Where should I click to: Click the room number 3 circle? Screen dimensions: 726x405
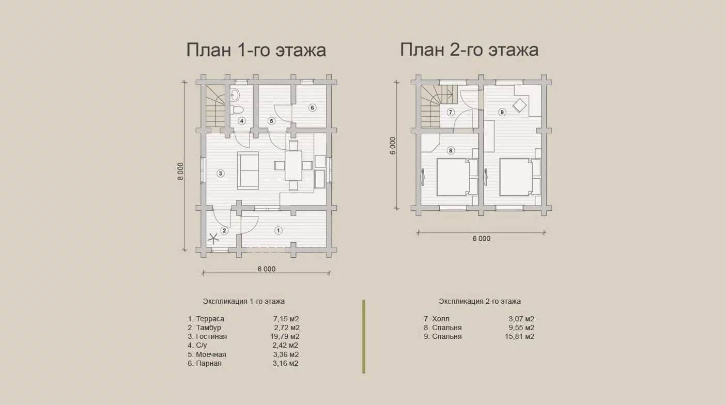pos(221,174)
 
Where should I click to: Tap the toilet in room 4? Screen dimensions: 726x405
pos(237,110)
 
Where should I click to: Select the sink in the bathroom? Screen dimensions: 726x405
pos(235,95)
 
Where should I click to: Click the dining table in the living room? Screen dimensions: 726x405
pos(294,165)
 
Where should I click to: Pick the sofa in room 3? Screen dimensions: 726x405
pos(248,170)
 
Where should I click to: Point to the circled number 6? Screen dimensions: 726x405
pos(312,107)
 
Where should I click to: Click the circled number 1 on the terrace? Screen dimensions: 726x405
pos(278,230)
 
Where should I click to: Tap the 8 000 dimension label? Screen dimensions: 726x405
pos(180,171)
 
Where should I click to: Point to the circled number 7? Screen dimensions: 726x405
pos(451,113)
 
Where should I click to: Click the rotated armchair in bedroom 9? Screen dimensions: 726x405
pos(519,105)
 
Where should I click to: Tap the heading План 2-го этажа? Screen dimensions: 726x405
pos(469,50)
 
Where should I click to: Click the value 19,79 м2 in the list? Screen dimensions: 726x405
pos(285,336)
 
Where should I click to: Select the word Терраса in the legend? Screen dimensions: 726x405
pos(210,319)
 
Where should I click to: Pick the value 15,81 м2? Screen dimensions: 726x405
pos(519,336)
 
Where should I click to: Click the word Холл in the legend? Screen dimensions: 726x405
pos(441,319)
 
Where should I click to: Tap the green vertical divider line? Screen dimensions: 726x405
pos(364,337)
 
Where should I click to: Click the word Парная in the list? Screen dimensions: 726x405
pos(209,363)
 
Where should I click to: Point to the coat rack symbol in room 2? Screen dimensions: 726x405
pos(213,239)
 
